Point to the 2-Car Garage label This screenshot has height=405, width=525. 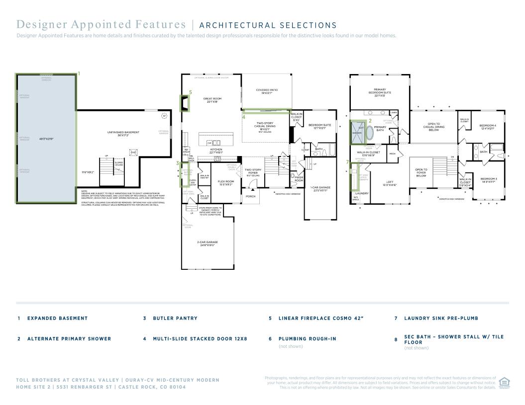tap(207, 243)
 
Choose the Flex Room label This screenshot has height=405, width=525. tap(226, 182)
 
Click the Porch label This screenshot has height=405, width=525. tap(251, 196)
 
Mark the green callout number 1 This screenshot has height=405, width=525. tap(79, 74)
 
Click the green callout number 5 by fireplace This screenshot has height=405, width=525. tap(190, 92)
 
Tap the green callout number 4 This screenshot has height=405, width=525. tap(244, 117)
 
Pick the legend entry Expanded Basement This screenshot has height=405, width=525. tap(57, 318)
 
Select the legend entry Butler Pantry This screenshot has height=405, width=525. tap(175, 318)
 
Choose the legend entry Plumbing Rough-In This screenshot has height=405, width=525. tap(307, 338)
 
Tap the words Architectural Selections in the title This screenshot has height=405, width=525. tap(268, 25)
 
